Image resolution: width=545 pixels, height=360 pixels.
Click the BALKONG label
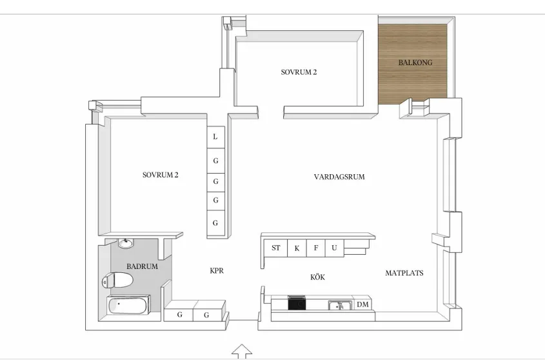point(415,63)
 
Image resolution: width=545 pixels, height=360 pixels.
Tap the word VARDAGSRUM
point(339,177)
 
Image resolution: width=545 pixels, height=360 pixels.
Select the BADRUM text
point(142,266)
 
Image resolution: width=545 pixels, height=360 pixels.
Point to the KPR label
point(217,271)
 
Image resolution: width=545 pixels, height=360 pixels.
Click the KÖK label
point(317,277)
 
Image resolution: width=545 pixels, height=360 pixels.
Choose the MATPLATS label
point(404,273)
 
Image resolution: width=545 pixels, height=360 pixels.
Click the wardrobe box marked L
point(215,137)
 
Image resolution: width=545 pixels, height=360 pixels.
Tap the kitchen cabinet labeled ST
point(276,248)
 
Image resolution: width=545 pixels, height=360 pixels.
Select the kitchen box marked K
point(297,248)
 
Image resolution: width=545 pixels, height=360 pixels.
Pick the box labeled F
point(316,248)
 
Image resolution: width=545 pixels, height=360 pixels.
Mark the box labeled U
point(334,248)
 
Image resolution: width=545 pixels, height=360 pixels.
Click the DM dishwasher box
point(362,305)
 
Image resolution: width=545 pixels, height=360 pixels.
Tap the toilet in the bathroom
point(117,281)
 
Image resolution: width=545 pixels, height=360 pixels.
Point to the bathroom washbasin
point(125,244)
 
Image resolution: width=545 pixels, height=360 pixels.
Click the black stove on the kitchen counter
point(297,303)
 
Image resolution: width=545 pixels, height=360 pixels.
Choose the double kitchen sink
point(339,305)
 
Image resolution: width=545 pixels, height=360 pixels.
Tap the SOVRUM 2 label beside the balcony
point(299,72)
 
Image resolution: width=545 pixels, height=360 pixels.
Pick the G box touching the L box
point(215,159)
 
